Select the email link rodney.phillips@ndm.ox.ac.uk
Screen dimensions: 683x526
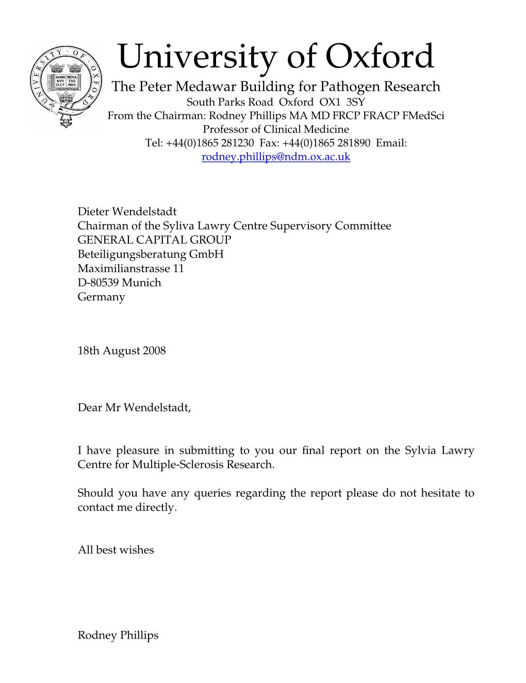pyautogui.click(x=276, y=157)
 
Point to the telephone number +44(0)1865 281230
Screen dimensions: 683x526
pyautogui.click(x=209, y=143)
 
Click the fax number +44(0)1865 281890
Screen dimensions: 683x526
pyautogui.click(x=326, y=143)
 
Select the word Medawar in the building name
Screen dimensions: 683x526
pyautogui.click(x=201, y=87)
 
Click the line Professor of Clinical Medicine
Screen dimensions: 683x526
pyautogui.click(x=276, y=129)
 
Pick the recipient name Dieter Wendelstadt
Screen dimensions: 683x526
pyautogui.click(x=127, y=212)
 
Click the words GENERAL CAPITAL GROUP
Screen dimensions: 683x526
pyautogui.click(x=154, y=240)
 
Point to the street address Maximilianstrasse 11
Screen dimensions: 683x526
pyautogui.click(x=130, y=268)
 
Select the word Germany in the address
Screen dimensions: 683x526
pyautogui.click(x=101, y=297)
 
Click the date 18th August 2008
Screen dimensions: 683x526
pyautogui.click(x=122, y=351)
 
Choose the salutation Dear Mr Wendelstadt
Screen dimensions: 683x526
pyautogui.click(x=134, y=408)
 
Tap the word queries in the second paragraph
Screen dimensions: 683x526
pyautogui.click(x=212, y=493)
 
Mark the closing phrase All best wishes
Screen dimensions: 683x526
pyautogui.click(x=116, y=550)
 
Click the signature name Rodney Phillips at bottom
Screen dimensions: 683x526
pyautogui.click(x=118, y=636)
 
